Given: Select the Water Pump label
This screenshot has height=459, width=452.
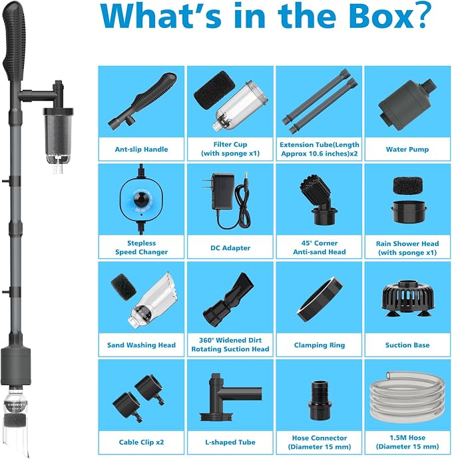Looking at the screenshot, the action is click(407, 149).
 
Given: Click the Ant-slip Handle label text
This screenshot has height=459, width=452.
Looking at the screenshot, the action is click(141, 149).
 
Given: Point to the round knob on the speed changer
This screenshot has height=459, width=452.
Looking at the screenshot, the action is click(141, 200).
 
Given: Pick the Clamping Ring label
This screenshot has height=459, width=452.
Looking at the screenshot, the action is click(320, 345).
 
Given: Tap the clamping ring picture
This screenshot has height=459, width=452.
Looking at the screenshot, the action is click(320, 297).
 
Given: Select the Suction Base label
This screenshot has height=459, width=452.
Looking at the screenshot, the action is click(407, 345).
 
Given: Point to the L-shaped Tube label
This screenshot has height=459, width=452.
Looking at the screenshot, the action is click(230, 442).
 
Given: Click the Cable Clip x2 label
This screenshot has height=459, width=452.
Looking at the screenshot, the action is click(141, 442).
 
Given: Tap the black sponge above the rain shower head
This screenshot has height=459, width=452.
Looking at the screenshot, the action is click(407, 185).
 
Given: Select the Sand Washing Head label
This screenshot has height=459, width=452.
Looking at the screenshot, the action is click(141, 345).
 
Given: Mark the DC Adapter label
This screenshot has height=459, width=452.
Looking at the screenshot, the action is click(230, 248).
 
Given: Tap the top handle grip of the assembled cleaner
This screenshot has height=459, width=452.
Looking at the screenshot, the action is click(14, 41).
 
